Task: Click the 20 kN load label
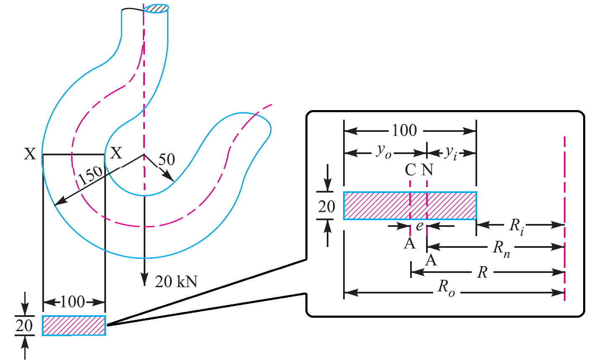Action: [176, 281]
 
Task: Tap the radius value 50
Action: [166, 159]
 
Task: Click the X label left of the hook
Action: [30, 154]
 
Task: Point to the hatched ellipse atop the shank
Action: [156, 8]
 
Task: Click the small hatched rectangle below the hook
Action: [74, 326]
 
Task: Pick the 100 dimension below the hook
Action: [73, 301]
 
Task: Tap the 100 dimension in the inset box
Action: [404, 131]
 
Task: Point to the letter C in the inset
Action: [411, 170]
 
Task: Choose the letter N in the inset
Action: [427, 170]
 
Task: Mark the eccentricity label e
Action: [420, 226]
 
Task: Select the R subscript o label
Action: [446, 288]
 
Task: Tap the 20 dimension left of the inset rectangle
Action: [326, 206]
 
